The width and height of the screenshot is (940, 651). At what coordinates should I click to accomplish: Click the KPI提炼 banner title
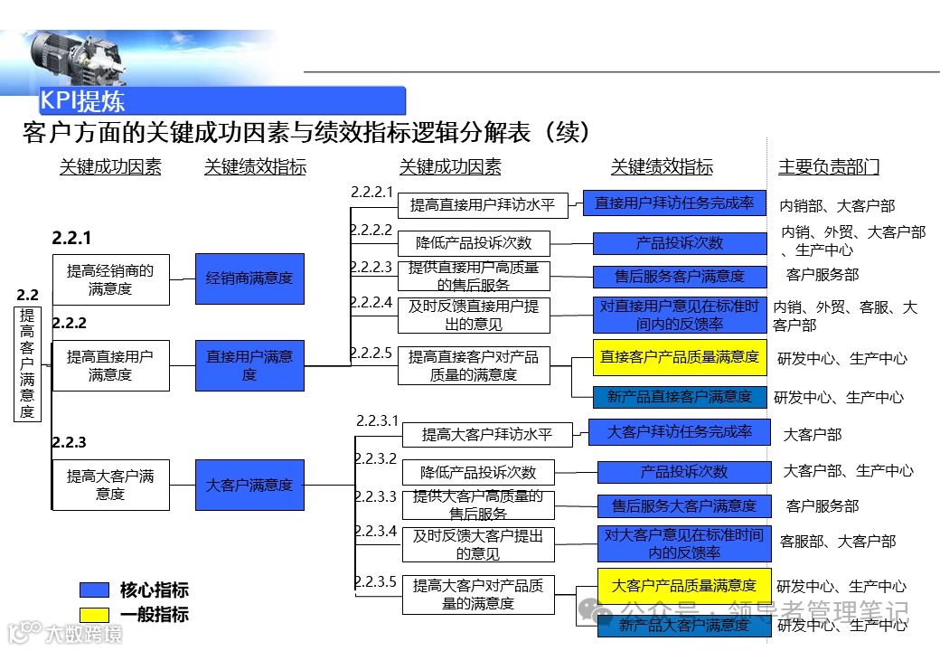tap(83, 100)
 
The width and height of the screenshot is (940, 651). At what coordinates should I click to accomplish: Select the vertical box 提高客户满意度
tap(27, 363)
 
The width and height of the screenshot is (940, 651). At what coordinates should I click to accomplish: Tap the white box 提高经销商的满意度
tap(110, 278)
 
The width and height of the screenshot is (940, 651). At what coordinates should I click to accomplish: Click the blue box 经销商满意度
tap(249, 278)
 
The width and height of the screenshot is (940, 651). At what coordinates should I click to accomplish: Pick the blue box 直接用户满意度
tap(249, 365)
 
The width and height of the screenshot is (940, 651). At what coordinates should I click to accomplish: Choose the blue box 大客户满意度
tap(249, 485)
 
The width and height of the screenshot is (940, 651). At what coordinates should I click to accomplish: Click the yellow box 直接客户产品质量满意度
tap(680, 357)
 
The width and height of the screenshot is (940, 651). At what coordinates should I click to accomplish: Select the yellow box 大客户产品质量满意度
tap(684, 586)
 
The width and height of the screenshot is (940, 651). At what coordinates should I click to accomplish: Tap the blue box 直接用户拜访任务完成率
tap(674, 203)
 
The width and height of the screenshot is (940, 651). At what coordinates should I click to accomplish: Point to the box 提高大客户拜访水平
tap(487, 435)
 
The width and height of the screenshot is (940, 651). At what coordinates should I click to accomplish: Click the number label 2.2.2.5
tap(371, 352)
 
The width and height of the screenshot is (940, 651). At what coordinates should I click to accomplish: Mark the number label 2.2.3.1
tap(377, 420)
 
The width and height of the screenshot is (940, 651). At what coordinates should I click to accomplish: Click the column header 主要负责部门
tap(829, 166)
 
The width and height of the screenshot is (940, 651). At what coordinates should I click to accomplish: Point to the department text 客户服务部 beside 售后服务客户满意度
tap(822, 275)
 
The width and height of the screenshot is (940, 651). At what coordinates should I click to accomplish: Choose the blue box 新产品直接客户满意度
tap(680, 397)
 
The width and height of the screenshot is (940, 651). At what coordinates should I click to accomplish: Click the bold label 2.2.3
tap(70, 442)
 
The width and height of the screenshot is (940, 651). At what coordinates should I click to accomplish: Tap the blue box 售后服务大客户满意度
tap(684, 506)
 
